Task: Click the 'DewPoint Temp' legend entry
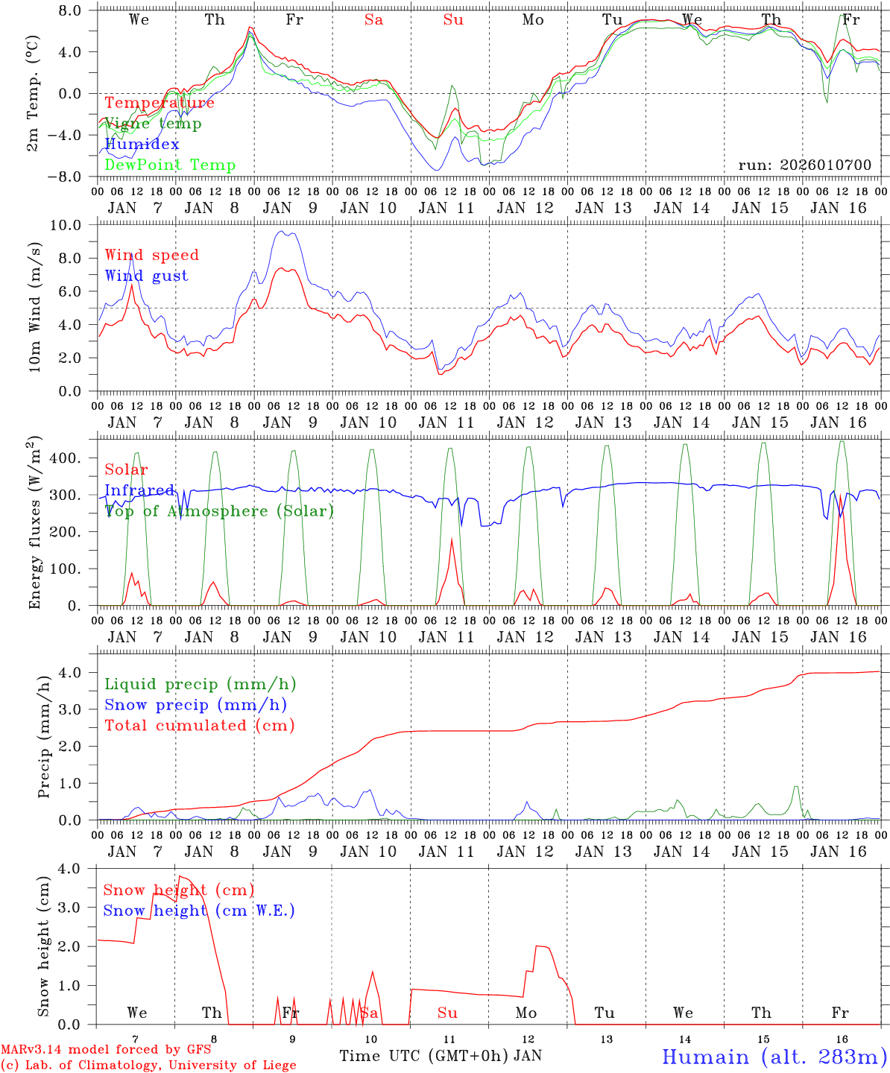(170, 165)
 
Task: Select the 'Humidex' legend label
(142, 145)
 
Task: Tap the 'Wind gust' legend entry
(146, 276)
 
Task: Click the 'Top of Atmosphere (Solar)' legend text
(219, 511)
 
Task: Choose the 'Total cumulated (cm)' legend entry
(200, 726)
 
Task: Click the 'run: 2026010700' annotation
(805, 165)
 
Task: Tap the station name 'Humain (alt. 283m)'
(774, 1057)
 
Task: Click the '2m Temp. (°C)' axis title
(34, 93)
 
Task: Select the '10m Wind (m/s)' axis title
(34, 308)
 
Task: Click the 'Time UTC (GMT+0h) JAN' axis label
(440, 1056)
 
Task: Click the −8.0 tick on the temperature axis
(73, 177)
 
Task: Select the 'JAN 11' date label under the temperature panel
(446, 209)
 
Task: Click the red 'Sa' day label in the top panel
(373, 20)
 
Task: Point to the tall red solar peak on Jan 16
(841, 494)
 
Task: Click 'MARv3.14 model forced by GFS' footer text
(106, 1050)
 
